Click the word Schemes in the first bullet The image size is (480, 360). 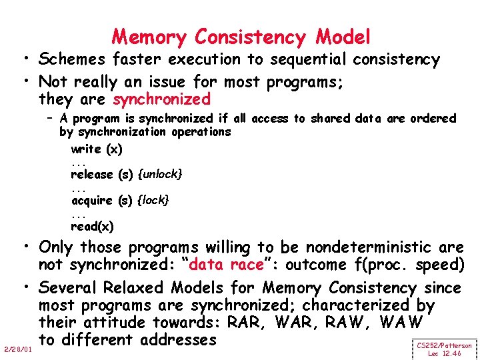pos(73,60)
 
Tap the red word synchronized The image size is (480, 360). pos(162,100)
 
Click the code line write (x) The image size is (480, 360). pos(97,149)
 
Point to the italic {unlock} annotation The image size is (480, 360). pos(160,175)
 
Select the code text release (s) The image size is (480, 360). pos(102,175)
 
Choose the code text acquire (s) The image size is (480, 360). pos(102,200)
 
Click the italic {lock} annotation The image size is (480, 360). pos(153,200)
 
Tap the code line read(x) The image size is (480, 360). pos(92,226)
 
